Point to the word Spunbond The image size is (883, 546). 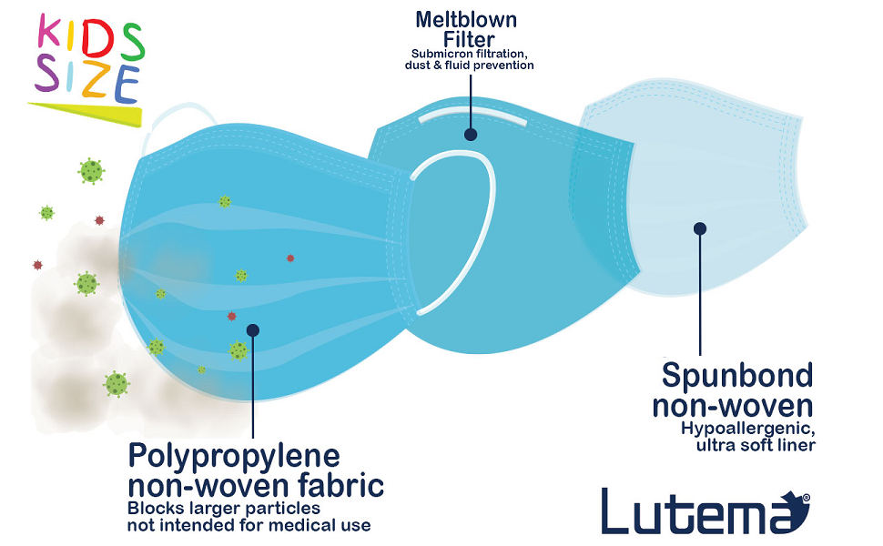(736, 375)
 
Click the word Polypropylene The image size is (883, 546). (234, 455)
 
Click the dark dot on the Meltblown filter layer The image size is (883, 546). (471, 134)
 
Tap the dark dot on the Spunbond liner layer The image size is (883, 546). (700, 228)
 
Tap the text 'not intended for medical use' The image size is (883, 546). (249, 525)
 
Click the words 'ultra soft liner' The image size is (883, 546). (756, 445)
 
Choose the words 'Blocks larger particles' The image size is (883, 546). (224, 508)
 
